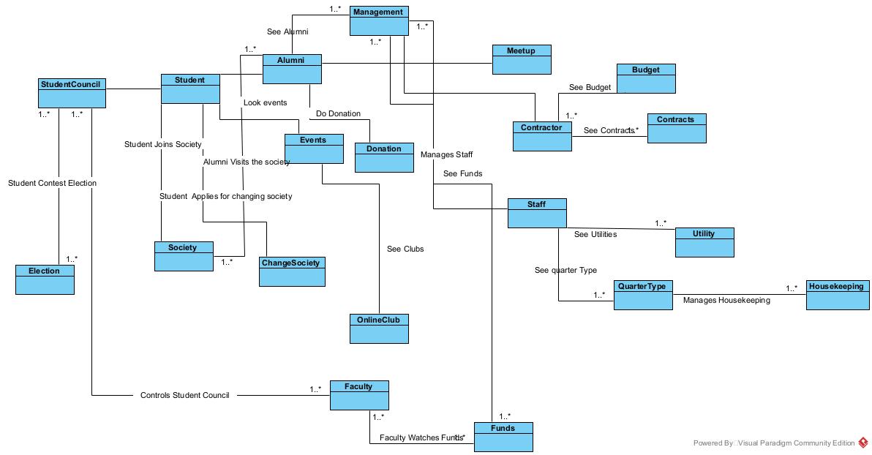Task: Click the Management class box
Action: tap(379, 20)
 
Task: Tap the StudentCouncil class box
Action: tap(72, 93)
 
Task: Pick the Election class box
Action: tap(45, 279)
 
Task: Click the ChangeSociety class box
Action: tap(292, 271)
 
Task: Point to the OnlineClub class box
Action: tap(379, 328)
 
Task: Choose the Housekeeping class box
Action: tap(838, 295)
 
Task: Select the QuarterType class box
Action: tap(642, 295)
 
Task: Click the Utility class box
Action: tap(704, 242)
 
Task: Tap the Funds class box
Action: tap(503, 437)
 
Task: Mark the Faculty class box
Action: tap(359, 395)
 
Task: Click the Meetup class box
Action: tap(522, 59)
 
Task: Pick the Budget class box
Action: tap(646, 78)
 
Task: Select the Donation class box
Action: tap(384, 157)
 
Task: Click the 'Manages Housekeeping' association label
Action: tap(726, 301)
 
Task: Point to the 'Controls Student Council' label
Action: tap(184, 396)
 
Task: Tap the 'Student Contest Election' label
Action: tap(52, 184)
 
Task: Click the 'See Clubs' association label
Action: tap(405, 249)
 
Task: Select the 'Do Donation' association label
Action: tap(338, 114)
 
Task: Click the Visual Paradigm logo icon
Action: tap(863, 443)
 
